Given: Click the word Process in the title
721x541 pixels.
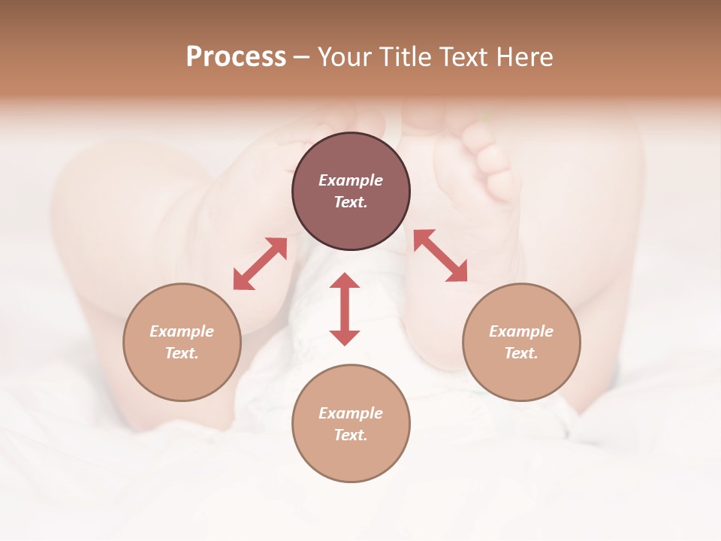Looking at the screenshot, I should (x=236, y=57).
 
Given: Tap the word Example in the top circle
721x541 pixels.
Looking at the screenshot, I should (x=351, y=180).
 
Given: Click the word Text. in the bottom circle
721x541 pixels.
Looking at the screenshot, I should (x=351, y=435).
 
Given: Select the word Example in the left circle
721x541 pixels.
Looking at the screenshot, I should (x=182, y=331).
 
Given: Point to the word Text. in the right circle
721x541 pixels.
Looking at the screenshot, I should (x=521, y=353).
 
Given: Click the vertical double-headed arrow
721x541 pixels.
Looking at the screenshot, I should (x=345, y=309).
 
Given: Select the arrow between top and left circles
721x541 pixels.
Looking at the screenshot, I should (x=260, y=264).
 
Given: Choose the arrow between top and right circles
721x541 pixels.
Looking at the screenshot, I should (x=440, y=255).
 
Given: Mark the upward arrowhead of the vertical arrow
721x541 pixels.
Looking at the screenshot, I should (x=345, y=281).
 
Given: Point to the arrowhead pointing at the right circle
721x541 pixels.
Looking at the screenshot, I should (x=458, y=273).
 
